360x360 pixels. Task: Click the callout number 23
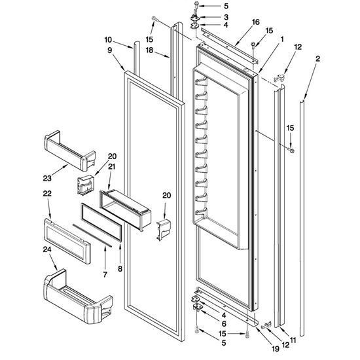47,178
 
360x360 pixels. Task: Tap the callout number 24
47,249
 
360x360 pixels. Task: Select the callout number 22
47,194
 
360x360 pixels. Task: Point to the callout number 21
111,166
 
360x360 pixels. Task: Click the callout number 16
255,22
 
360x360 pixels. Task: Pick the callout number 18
149,50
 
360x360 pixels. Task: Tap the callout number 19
276,349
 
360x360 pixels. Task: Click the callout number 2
317,59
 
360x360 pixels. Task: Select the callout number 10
108,40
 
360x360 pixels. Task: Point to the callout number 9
110,50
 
